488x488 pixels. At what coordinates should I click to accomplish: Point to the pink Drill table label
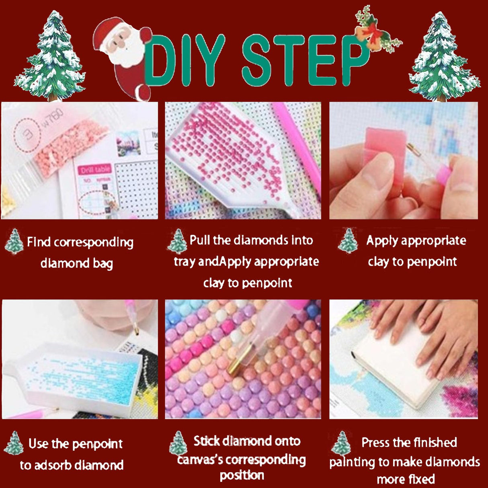pos(95,170)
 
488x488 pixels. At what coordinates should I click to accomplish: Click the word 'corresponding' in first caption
pos(93,243)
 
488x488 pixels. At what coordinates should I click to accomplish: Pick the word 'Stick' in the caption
pos(206,441)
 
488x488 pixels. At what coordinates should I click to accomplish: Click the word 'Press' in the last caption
pos(376,443)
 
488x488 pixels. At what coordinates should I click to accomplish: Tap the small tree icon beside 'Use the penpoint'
pos(14,443)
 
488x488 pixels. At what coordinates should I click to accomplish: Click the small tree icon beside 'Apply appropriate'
pos(348,241)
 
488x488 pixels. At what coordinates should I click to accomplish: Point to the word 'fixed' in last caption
pos(420,479)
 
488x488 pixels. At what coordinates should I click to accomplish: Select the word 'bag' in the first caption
pos(103,264)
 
